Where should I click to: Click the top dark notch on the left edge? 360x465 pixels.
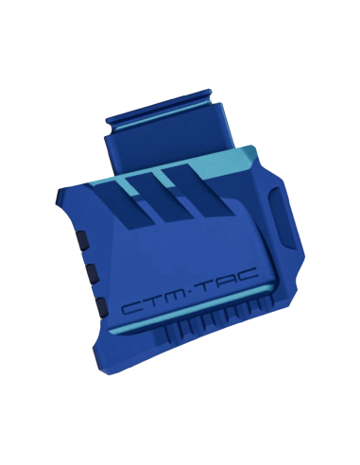click(x=81, y=240)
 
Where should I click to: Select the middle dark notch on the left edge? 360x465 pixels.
click(x=93, y=273)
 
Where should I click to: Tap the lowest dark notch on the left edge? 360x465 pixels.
click(x=101, y=306)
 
